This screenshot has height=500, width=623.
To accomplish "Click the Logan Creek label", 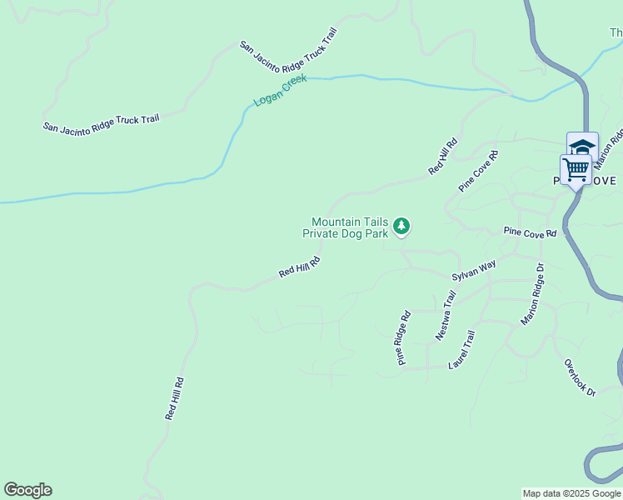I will (281, 90).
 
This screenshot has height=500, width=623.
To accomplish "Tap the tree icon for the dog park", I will (402, 226).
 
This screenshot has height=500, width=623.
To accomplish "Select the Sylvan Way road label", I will (474, 270).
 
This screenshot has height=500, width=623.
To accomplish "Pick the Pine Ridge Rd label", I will (404, 338).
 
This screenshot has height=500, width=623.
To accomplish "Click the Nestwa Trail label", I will (446, 315).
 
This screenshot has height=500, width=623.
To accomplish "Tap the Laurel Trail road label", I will (461, 350).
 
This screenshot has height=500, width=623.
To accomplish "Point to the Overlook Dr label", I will (580, 378).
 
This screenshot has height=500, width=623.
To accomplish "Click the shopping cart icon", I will (576, 169).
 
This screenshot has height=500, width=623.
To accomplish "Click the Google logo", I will (27, 490).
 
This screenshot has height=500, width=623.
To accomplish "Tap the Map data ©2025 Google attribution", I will (571, 493).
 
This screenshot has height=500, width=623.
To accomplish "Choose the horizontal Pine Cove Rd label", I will (529, 233).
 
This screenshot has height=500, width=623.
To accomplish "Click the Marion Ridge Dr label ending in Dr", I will (531, 295).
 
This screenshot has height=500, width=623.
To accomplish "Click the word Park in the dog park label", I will (377, 234).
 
